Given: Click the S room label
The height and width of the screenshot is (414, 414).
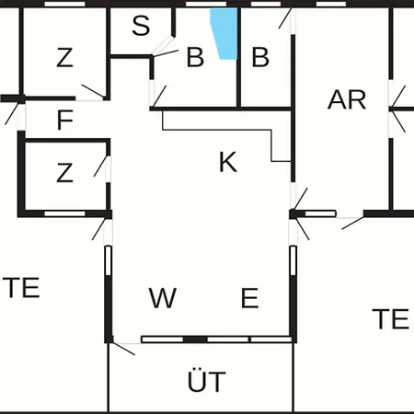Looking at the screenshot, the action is click(x=141, y=25).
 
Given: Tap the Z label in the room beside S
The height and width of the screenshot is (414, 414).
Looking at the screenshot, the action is click(x=64, y=57).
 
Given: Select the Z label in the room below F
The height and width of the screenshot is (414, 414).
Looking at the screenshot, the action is click(x=64, y=173).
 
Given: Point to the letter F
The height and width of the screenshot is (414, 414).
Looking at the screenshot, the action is click(x=65, y=120).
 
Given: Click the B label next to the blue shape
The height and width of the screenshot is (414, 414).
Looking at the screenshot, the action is click(x=195, y=57).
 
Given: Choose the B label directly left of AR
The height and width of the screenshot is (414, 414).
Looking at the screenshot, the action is click(x=260, y=57).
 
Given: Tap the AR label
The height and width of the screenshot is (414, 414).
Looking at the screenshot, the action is click(x=347, y=99).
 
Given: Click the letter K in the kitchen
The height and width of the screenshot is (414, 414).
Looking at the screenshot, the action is click(x=228, y=162).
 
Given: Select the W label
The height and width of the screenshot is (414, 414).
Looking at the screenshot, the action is click(x=163, y=297).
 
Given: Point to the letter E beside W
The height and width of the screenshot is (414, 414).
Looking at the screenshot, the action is click(x=250, y=297).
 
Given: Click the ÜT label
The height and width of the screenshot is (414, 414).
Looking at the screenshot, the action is click(x=207, y=381).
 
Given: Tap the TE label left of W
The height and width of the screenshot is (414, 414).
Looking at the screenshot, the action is click(x=21, y=287).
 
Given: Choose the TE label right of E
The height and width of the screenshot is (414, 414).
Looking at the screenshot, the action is click(x=390, y=319).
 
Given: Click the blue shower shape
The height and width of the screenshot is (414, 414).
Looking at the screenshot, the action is click(x=225, y=33).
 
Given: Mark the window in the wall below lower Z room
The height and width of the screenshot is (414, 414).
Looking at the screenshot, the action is click(x=64, y=213).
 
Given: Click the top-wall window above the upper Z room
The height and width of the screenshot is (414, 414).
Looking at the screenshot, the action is click(x=64, y=4).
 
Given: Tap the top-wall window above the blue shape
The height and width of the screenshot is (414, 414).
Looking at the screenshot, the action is click(x=206, y=4).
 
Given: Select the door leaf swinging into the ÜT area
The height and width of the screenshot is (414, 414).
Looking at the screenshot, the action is click(x=123, y=349).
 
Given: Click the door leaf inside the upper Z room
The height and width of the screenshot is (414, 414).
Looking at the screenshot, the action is click(x=93, y=91).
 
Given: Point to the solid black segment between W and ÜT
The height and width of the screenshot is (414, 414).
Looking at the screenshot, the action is click(x=195, y=339).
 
